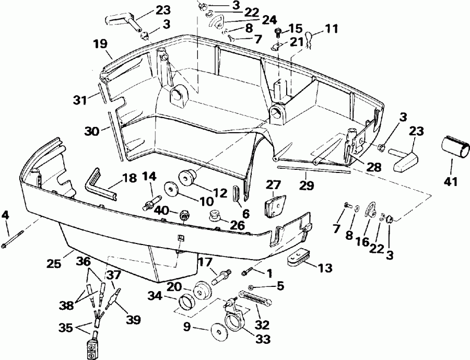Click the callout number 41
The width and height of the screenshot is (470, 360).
[450, 182]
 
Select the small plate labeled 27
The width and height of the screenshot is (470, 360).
[274, 207]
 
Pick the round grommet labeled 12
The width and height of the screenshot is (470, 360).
[187, 177]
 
